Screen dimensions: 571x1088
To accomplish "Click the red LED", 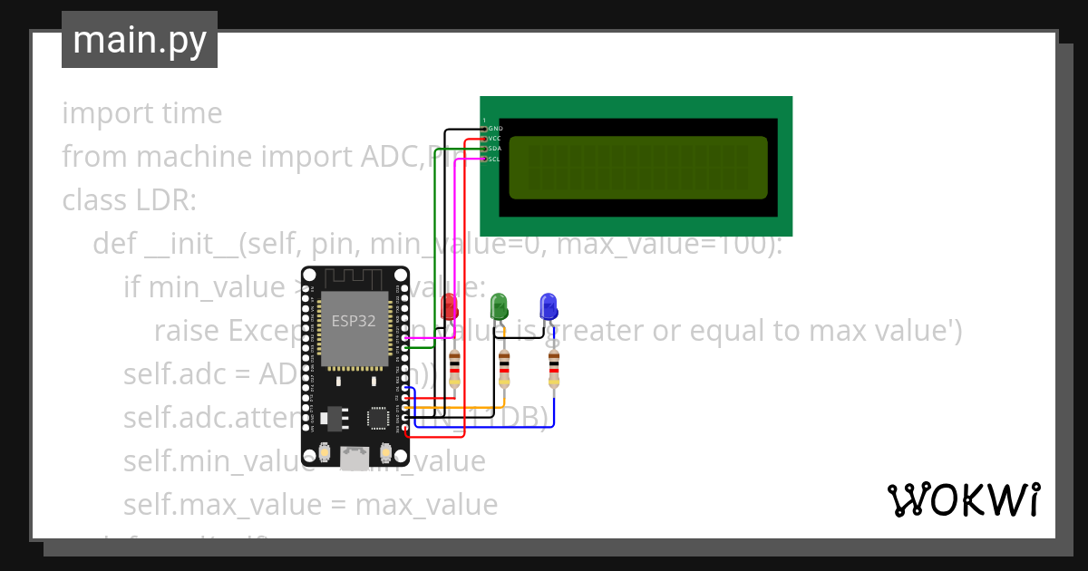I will click(449, 306).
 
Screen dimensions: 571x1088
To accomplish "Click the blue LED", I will click(548, 305).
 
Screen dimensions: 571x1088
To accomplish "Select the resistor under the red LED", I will click(454, 366).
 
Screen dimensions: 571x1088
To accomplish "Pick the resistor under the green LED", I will click(504, 366).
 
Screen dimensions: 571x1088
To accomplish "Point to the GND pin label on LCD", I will click(495, 129).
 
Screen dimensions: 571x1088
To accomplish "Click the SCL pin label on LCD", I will click(494, 159).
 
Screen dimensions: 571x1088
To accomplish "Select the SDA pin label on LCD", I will click(494, 149).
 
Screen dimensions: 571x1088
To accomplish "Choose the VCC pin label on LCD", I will click(494, 139).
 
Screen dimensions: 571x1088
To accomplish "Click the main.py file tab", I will click(140, 40).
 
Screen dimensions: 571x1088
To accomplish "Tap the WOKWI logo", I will click(963, 499).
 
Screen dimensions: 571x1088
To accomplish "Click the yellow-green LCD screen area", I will click(638, 168).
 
